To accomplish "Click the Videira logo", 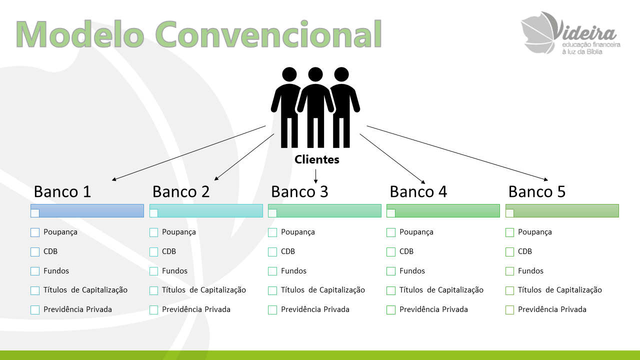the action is pyautogui.click(x=570, y=33).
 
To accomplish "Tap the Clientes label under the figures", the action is pyautogui.click(x=317, y=159).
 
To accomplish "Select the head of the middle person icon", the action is pyautogui.click(x=315, y=74).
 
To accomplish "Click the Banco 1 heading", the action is pyautogui.click(x=62, y=191).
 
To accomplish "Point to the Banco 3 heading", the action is pyautogui.click(x=299, y=191).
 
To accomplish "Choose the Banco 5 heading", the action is pyautogui.click(x=537, y=191).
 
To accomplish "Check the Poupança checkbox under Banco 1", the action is pyautogui.click(x=35, y=232).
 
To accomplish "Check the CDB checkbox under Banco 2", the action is pyautogui.click(x=153, y=251).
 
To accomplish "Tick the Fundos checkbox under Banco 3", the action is pyautogui.click(x=272, y=271).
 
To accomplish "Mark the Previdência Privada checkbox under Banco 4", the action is pyautogui.click(x=391, y=309).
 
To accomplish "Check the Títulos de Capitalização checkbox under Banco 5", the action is pyautogui.click(x=509, y=290).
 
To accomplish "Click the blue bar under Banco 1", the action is pyautogui.click(x=87, y=211).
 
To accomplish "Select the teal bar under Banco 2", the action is pyautogui.click(x=206, y=211).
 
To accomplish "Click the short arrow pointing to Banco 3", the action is pyautogui.click(x=315, y=176).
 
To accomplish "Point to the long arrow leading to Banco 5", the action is pyautogui.click(x=457, y=153).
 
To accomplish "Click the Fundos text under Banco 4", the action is pyautogui.click(x=412, y=271).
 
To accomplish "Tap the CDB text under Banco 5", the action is pyautogui.click(x=525, y=251).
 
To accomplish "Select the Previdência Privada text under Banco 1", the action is pyautogui.click(x=77, y=309).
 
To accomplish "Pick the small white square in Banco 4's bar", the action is pyautogui.click(x=391, y=213).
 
